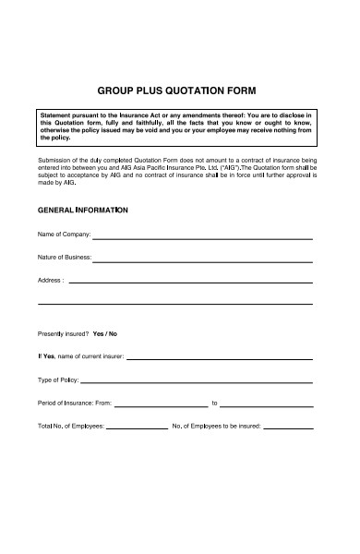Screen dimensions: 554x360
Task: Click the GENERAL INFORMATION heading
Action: pos(82,211)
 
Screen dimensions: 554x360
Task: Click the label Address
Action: pos(50,280)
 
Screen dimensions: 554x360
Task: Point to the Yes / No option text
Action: pos(105,332)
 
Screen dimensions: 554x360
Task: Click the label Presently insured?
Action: pos(63,332)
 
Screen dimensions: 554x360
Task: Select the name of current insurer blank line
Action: pos(219,355)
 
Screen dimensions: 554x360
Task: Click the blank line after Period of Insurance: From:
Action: pos(161,403)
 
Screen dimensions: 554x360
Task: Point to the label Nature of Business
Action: pos(65,258)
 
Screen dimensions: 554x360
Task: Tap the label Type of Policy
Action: pos(58,379)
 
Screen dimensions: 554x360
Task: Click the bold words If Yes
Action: pos(46,355)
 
